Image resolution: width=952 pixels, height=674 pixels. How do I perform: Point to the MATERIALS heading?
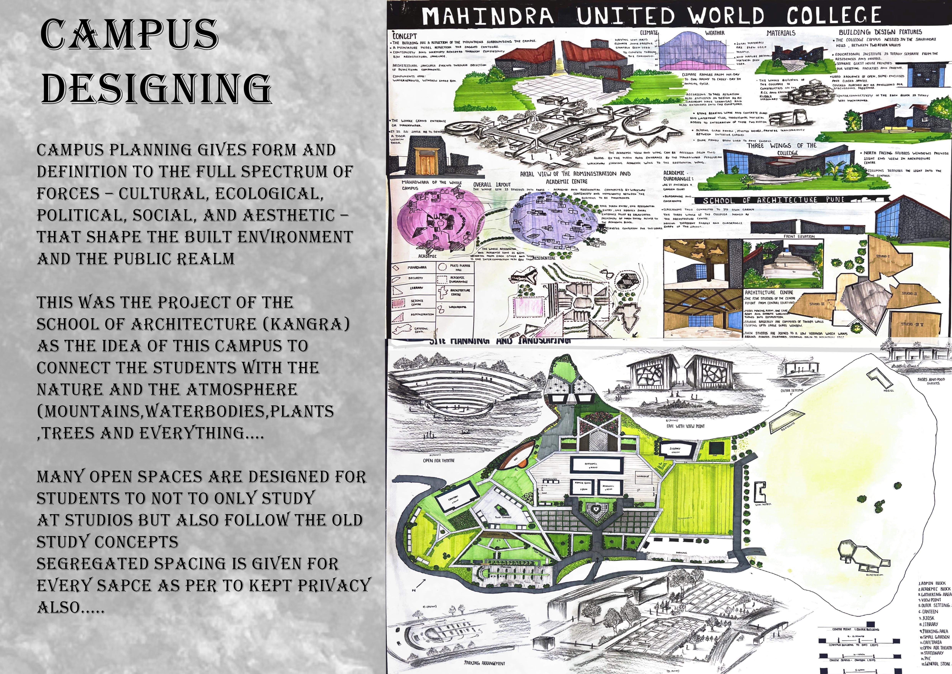pyautogui.click(x=781, y=32)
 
